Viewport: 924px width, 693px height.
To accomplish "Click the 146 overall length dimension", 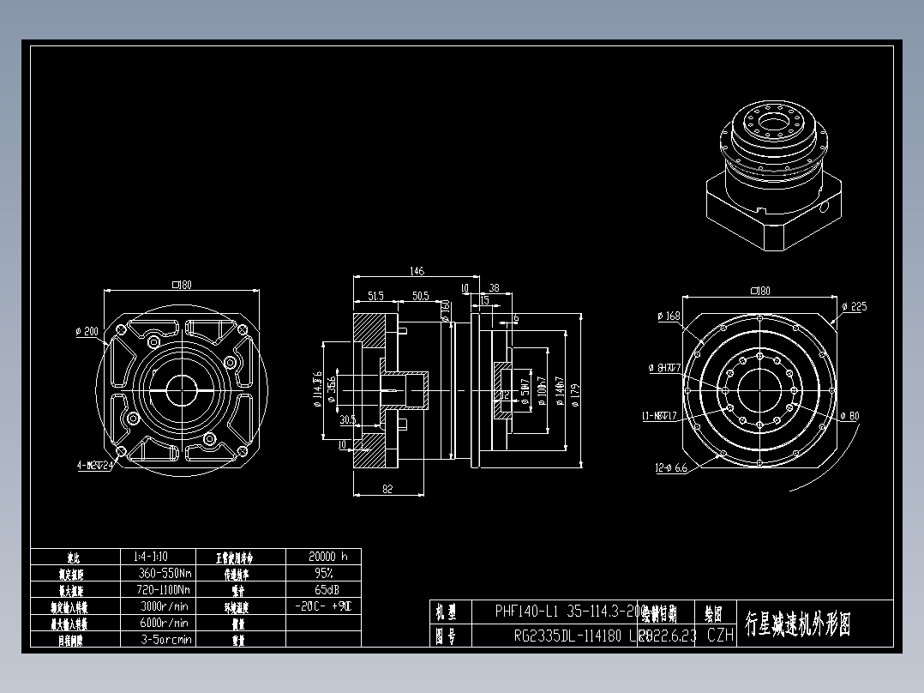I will (x=416, y=272).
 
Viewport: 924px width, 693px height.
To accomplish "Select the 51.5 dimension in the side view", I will (x=375, y=296).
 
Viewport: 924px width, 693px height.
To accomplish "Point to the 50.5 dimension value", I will (x=420, y=296).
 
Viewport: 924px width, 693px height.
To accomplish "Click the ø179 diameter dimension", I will (x=574, y=394).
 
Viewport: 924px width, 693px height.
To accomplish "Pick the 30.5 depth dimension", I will (x=347, y=419).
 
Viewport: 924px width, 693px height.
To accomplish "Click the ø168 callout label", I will (x=669, y=316).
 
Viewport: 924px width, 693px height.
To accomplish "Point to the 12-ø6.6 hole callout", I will (x=671, y=468).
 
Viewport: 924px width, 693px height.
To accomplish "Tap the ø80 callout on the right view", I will (x=849, y=417).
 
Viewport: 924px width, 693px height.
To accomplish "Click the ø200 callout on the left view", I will (x=87, y=331).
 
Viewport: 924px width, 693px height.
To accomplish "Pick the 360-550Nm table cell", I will (x=164, y=573).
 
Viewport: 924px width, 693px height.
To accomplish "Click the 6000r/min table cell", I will (x=164, y=623).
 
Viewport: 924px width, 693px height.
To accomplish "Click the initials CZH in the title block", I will (x=720, y=636).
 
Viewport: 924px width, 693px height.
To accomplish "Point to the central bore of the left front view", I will (x=182, y=389).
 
